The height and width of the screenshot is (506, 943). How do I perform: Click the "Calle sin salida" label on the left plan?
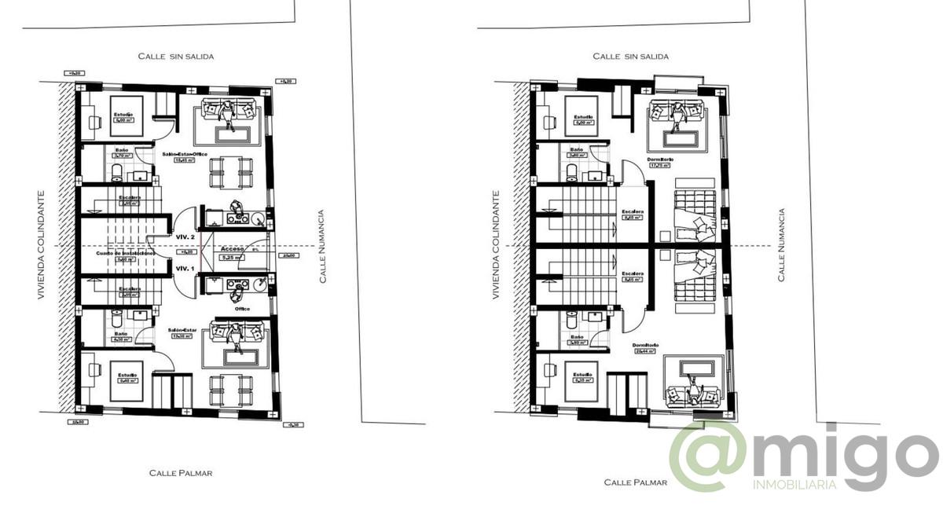tap(176, 57)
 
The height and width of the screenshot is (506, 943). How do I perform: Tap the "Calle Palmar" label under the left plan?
tap(181, 473)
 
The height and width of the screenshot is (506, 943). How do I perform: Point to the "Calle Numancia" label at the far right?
tap(781, 244)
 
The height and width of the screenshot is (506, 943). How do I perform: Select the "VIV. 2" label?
tap(185, 236)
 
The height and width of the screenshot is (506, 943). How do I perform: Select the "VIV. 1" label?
tap(185, 269)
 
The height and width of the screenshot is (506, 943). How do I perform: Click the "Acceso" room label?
tap(233, 248)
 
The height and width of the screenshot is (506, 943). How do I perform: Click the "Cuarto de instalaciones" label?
tap(124, 254)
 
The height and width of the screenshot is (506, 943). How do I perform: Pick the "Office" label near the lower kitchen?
tap(242, 309)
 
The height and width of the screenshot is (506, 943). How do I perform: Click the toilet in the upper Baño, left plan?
tap(117, 171)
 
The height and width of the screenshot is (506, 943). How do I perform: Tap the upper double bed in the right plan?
tap(695, 209)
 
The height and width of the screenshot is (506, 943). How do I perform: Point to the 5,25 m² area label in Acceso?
tap(230, 257)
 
